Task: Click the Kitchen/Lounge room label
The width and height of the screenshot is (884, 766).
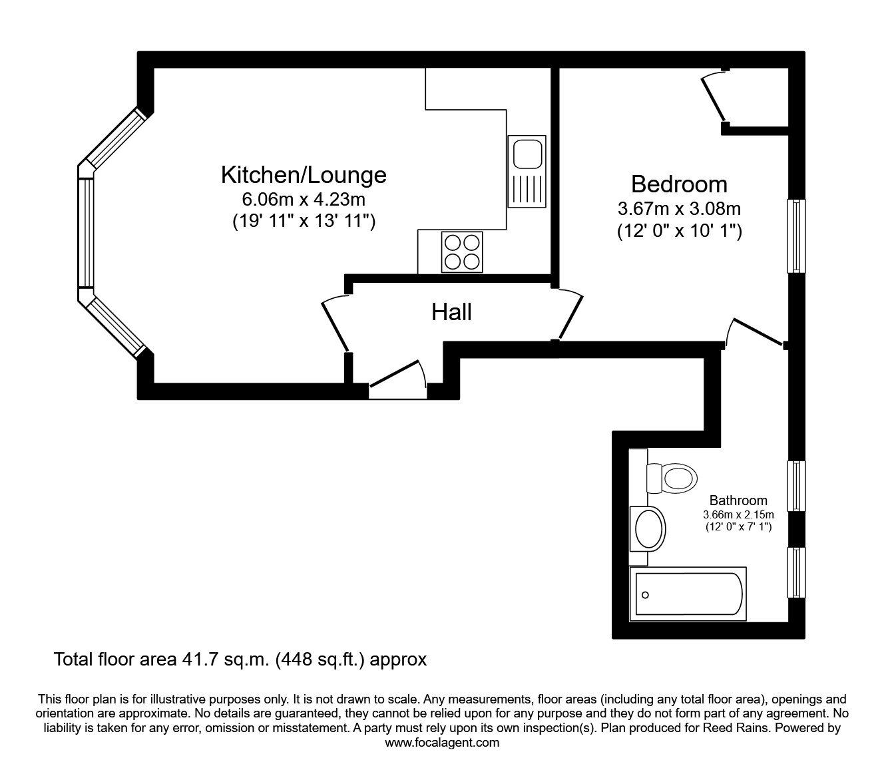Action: (x=304, y=175)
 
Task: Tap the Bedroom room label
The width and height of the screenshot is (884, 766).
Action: (x=679, y=184)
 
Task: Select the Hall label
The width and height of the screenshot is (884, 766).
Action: (x=451, y=311)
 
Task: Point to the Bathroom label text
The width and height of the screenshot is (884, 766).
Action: (x=738, y=500)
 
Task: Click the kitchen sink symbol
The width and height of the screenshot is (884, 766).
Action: (x=527, y=170)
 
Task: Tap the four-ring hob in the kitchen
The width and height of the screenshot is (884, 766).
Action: (x=461, y=252)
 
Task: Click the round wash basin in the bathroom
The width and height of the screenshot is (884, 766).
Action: (x=648, y=528)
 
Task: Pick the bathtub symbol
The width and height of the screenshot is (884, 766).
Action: (x=688, y=594)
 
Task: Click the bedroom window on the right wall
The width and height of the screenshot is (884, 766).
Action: (x=797, y=236)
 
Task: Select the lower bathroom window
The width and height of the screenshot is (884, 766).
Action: (x=797, y=572)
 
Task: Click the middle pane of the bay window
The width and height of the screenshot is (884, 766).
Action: (x=87, y=232)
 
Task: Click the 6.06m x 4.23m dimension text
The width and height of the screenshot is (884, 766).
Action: (x=304, y=199)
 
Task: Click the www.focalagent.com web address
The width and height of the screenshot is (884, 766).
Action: (x=442, y=743)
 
